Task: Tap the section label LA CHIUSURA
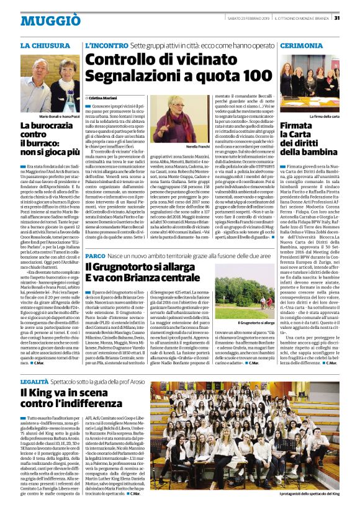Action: coord(45,47)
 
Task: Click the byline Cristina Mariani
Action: coord(104,99)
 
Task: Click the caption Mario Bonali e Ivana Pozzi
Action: coord(61,116)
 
